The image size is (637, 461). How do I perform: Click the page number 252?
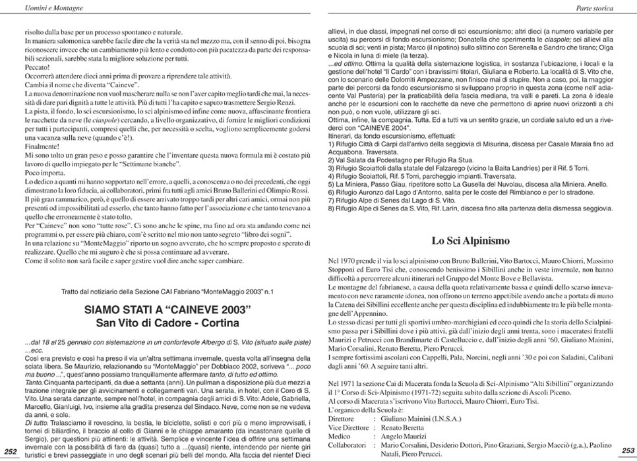click(11, 451)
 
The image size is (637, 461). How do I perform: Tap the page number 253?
click(627, 450)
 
